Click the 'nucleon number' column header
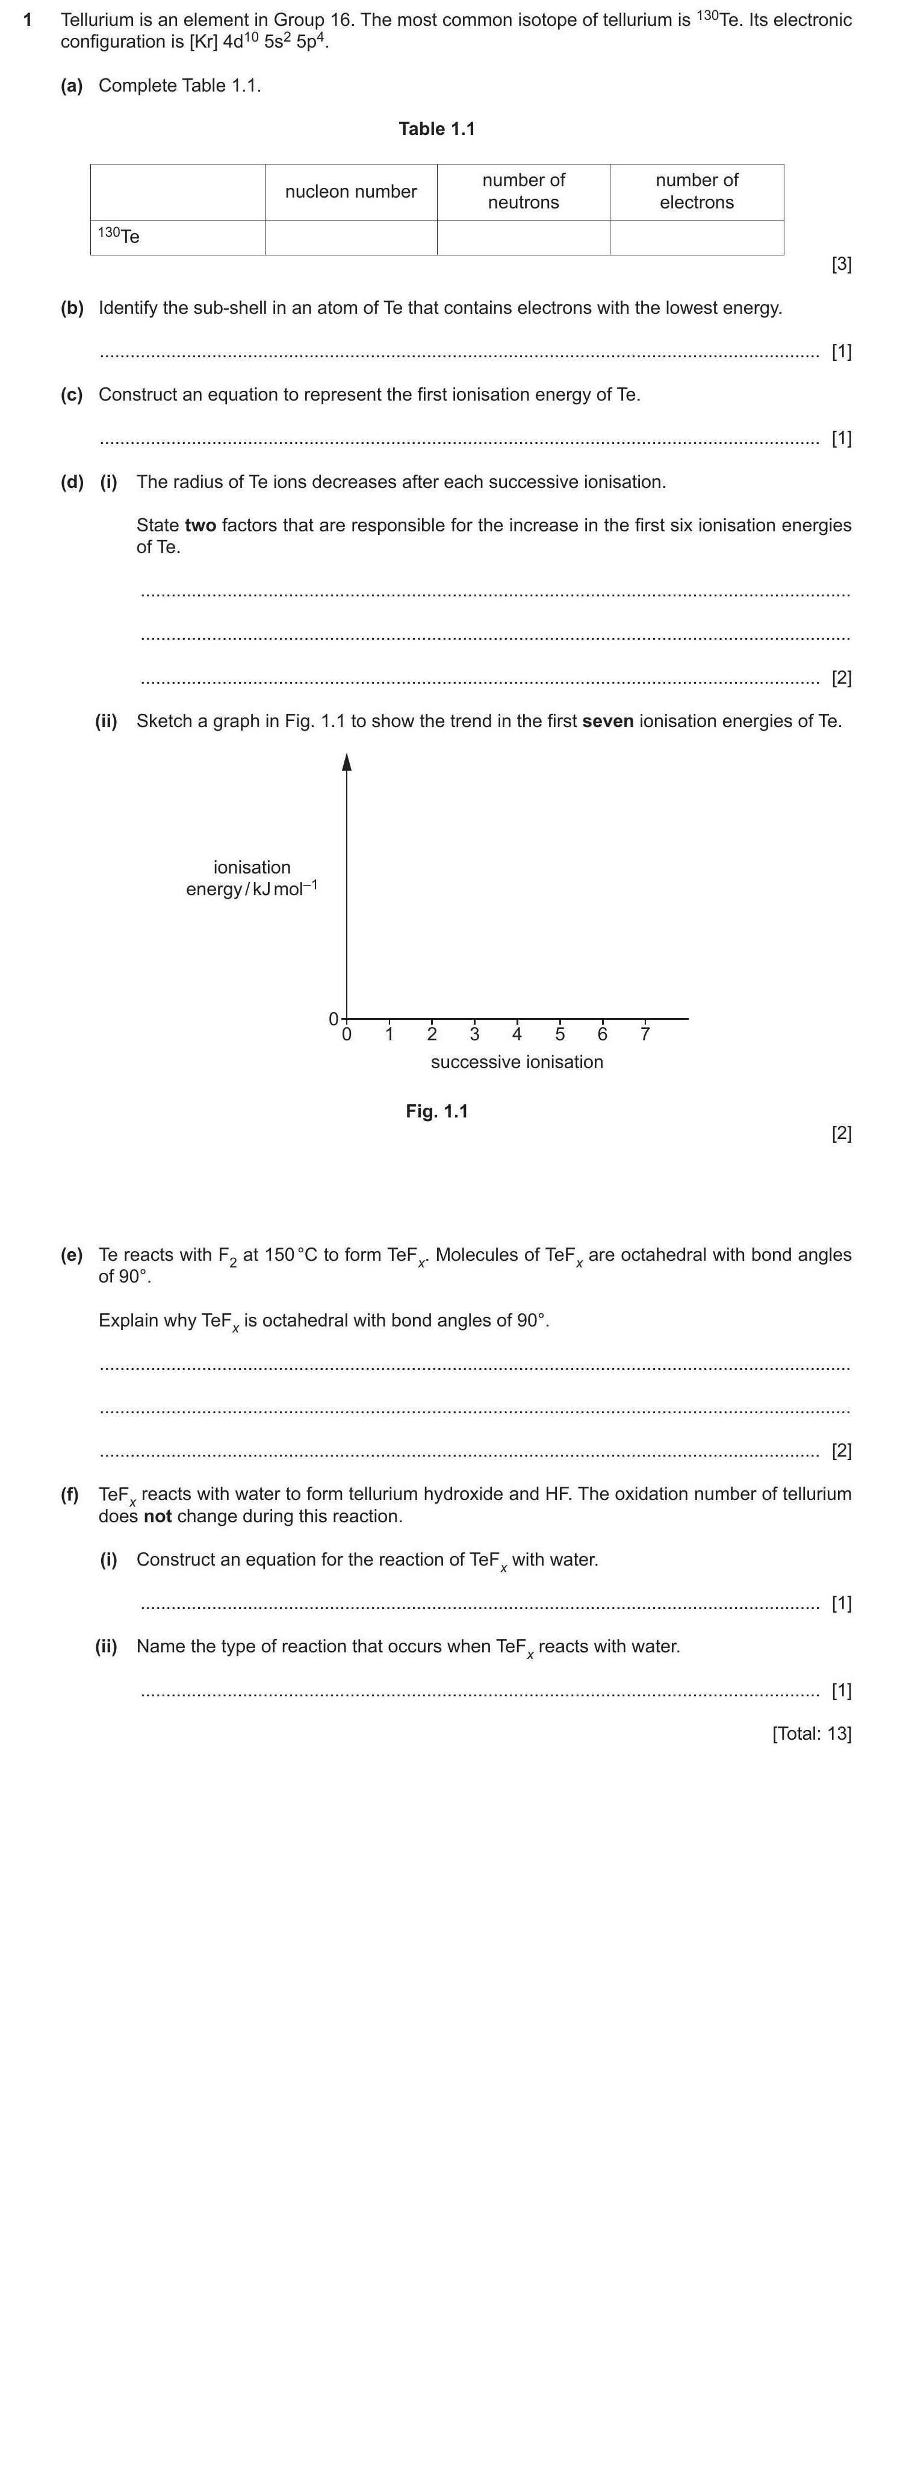350,192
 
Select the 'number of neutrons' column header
523,192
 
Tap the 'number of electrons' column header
697,192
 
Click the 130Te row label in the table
120,236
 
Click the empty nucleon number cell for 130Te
350,237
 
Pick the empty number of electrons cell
697,237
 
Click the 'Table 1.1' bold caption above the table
436,129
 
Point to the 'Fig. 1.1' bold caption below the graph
436,1111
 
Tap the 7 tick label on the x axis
645,1034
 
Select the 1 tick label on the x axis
389,1034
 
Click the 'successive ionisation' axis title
517,1062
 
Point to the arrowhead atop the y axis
347,761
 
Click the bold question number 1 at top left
29,20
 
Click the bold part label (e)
72,1255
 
